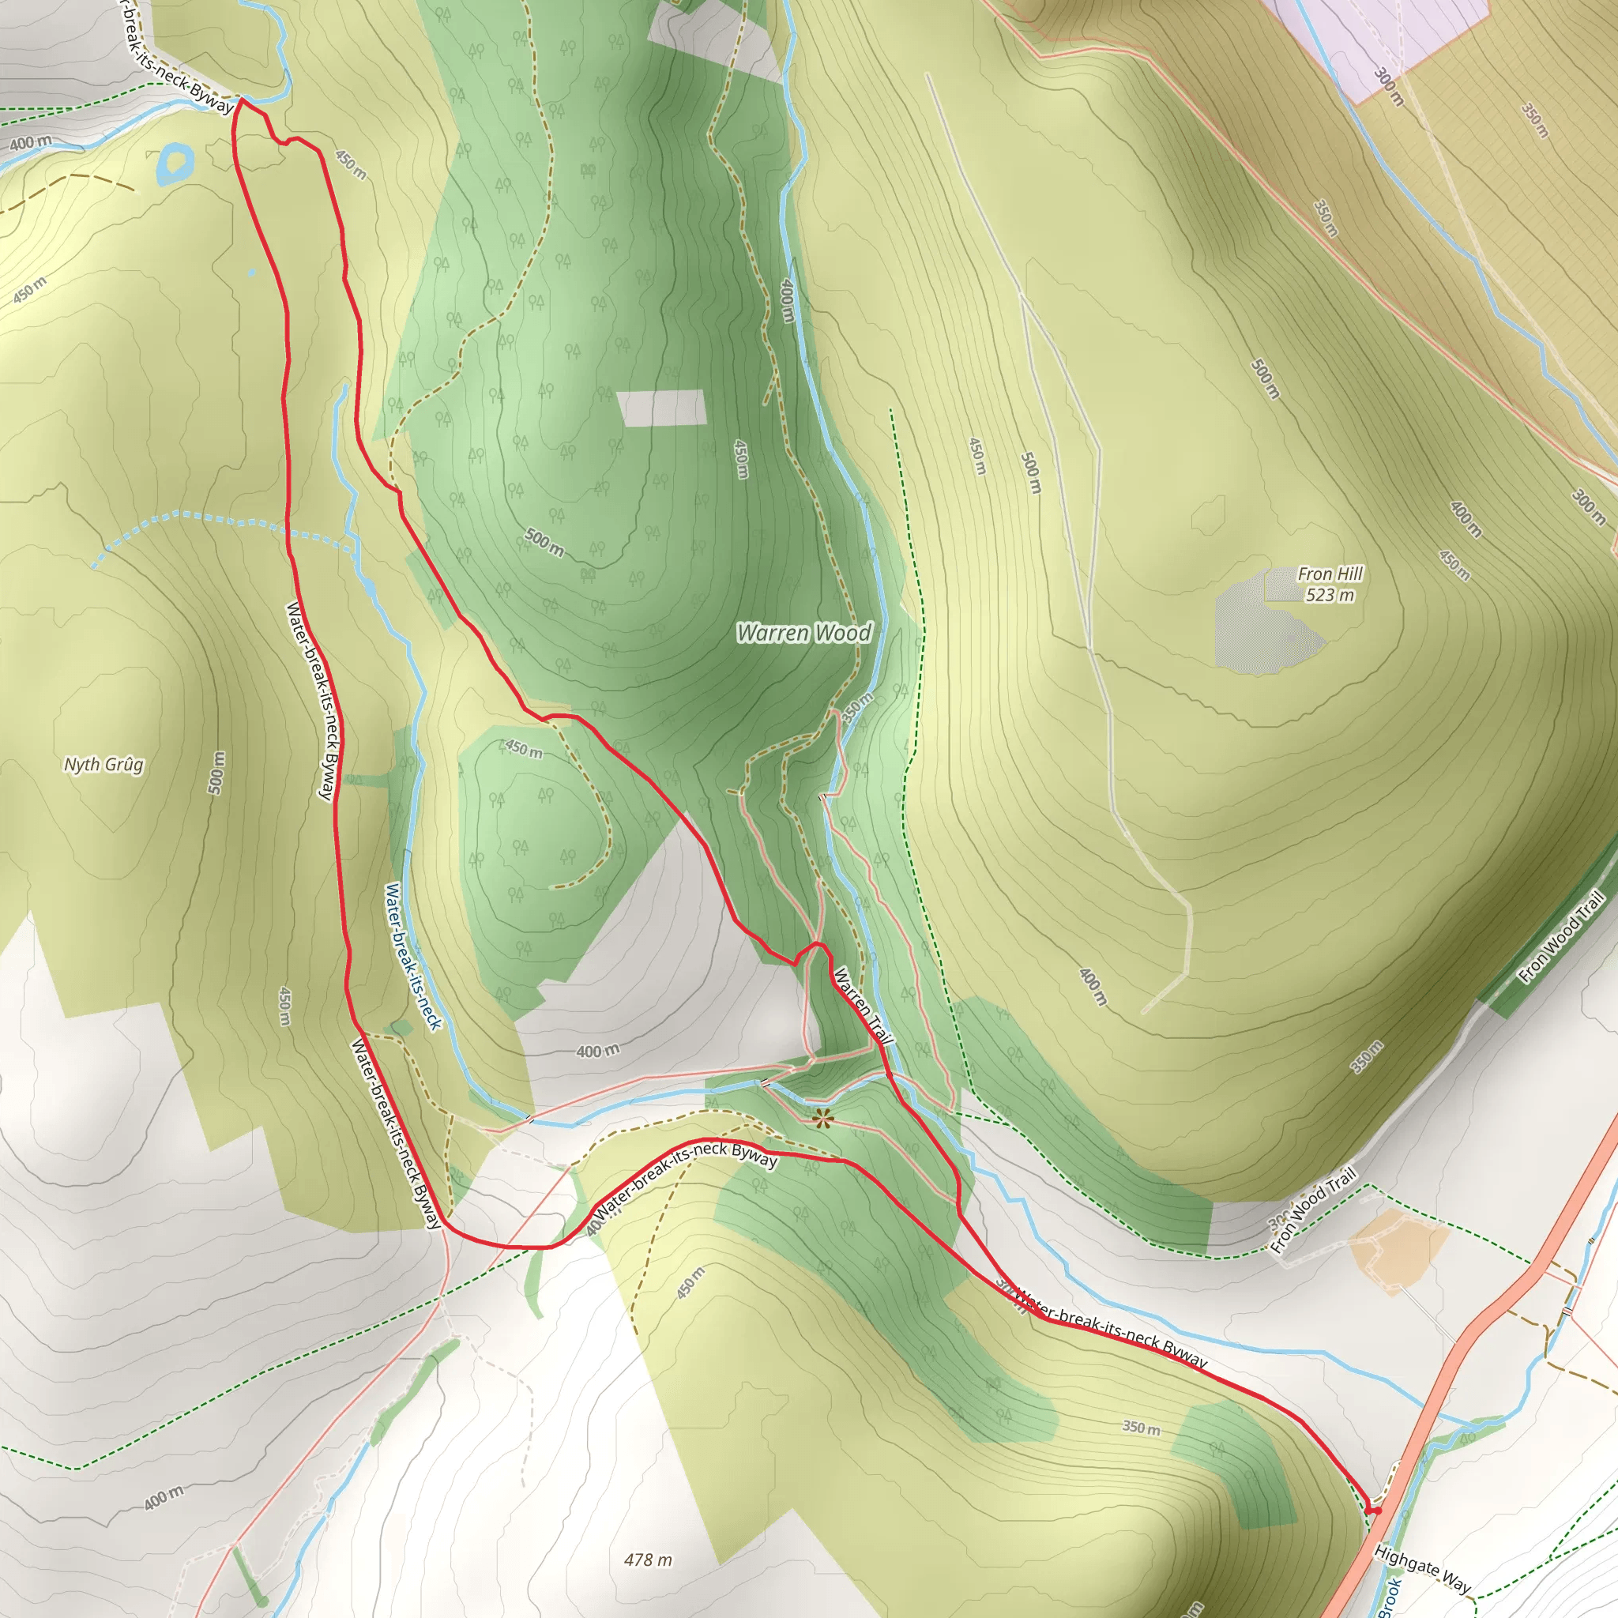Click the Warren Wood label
(x=804, y=633)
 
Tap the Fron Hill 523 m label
(x=1330, y=584)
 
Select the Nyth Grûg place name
(x=103, y=765)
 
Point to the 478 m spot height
(x=647, y=1560)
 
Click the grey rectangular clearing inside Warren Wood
(x=661, y=408)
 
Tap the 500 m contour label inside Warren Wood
(x=544, y=543)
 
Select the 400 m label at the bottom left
(x=164, y=1497)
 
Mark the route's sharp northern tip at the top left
(x=240, y=99)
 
